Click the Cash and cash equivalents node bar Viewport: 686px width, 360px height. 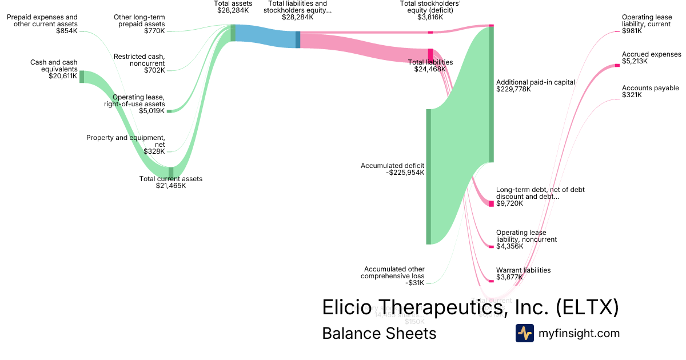[x=82, y=77]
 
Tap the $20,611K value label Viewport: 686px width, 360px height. [x=63, y=76]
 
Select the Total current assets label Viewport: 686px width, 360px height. [x=170, y=179]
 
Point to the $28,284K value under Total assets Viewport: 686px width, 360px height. [x=233, y=10]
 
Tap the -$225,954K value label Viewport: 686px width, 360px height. [x=405, y=173]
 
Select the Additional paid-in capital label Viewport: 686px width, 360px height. [x=535, y=82]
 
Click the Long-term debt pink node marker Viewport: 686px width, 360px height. [x=491, y=203]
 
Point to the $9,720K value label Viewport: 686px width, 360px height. [x=509, y=203]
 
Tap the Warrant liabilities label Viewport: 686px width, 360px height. [x=523, y=270]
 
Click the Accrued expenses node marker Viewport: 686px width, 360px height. [x=617, y=66]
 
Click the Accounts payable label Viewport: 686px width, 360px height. [x=650, y=88]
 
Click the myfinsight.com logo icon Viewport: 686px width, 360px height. [x=524, y=333]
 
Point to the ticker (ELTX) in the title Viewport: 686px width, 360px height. [x=588, y=307]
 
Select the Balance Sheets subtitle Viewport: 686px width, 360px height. [x=379, y=333]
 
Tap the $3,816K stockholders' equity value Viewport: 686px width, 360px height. [x=430, y=17]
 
